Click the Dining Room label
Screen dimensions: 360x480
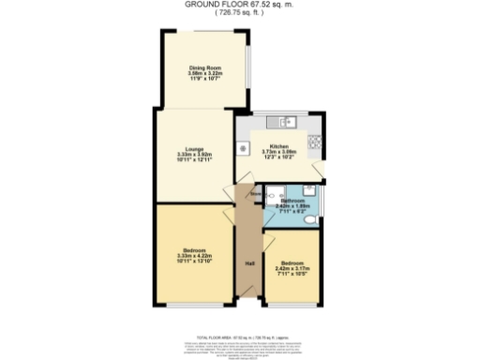(x=197, y=67)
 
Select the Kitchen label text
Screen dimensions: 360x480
(x=278, y=147)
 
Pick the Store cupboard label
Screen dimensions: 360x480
(x=256, y=195)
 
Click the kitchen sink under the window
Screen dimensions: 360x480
(x=281, y=122)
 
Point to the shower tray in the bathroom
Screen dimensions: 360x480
(x=275, y=195)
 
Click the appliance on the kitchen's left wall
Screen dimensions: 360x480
(x=243, y=148)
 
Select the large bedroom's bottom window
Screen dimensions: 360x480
(x=195, y=306)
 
